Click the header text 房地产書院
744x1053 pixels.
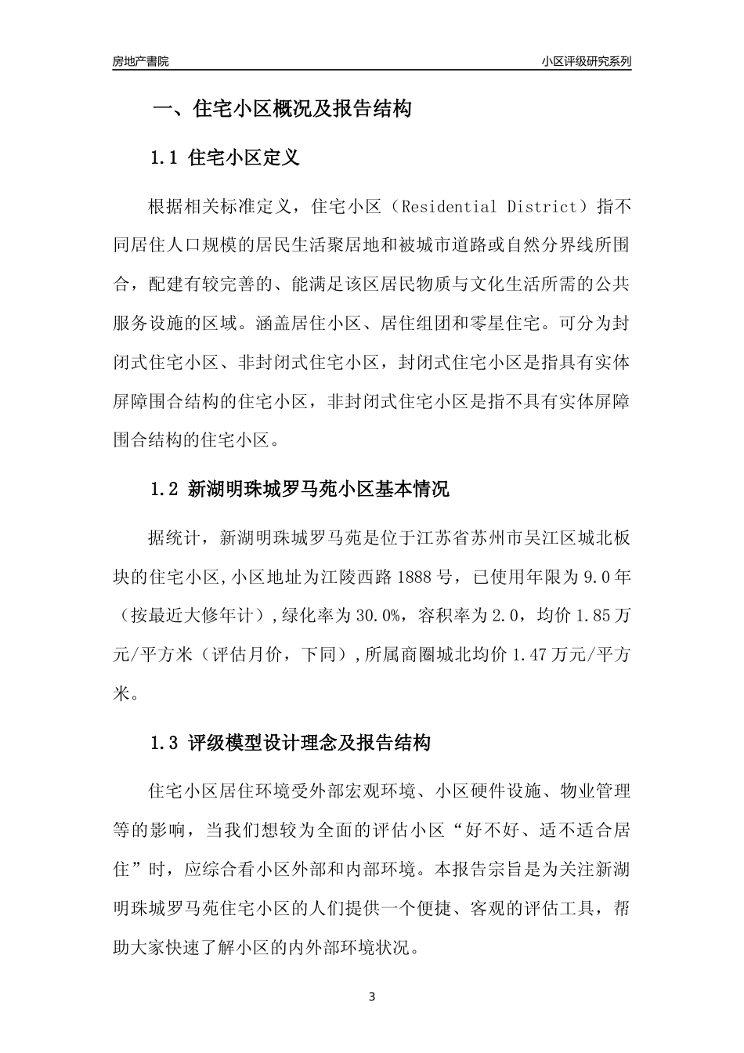coord(140,61)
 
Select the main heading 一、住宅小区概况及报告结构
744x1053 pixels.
coord(281,109)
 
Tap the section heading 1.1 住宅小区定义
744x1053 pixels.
coord(225,157)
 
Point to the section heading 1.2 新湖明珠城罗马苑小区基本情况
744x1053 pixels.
coord(299,490)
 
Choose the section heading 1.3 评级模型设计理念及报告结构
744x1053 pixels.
coord(290,743)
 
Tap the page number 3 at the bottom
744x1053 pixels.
coord(372,997)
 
